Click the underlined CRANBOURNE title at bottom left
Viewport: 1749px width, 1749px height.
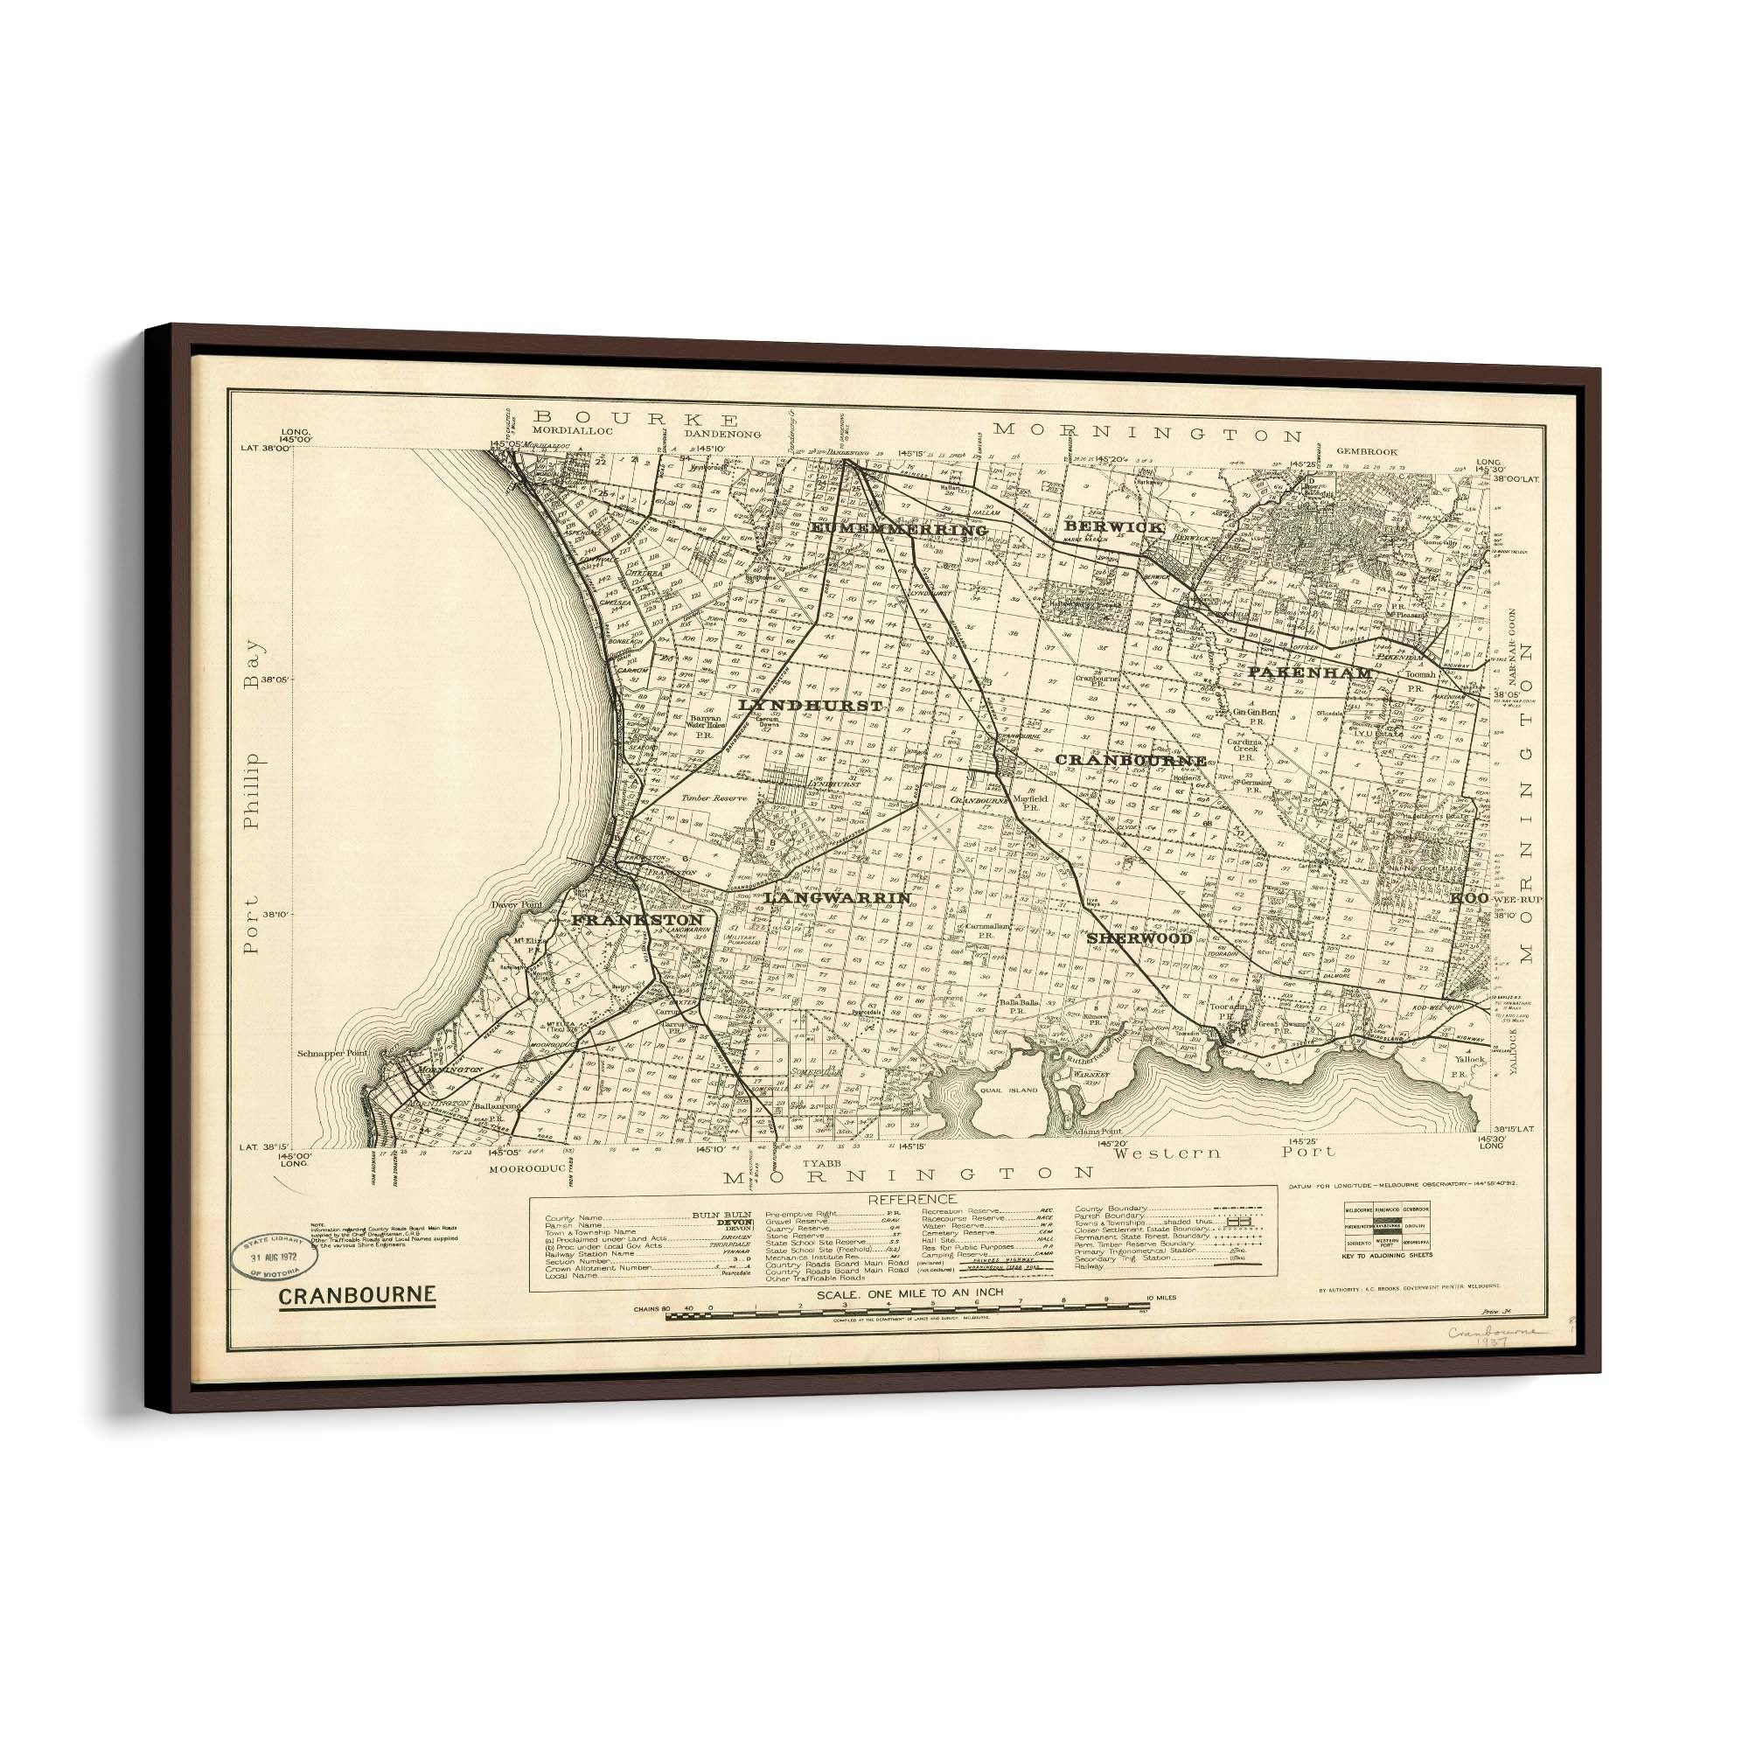click(x=357, y=1295)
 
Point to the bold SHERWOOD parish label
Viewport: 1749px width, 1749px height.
click(x=1139, y=938)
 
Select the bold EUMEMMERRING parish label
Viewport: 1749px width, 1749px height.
click(x=898, y=528)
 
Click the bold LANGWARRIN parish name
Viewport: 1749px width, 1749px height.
click(x=838, y=897)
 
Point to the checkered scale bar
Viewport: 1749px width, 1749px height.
click(x=905, y=1315)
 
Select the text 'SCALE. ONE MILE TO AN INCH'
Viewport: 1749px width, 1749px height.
click(x=909, y=1293)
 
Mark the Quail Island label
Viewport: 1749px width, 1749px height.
click(x=1008, y=1090)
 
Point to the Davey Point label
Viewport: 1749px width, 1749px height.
click(x=516, y=905)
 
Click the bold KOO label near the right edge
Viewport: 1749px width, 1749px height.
click(x=1470, y=898)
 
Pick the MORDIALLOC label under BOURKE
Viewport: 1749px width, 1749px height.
click(x=573, y=432)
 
